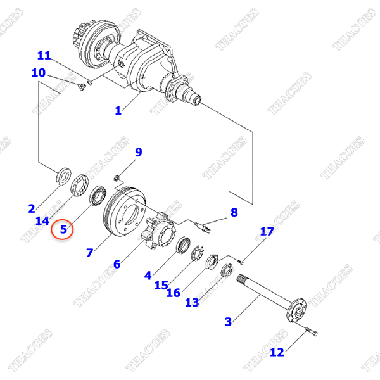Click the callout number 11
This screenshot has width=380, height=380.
click(44, 56)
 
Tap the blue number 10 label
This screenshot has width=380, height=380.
click(39, 73)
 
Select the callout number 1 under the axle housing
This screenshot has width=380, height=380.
click(118, 110)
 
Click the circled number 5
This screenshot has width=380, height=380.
click(63, 229)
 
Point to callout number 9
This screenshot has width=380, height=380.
click(138, 152)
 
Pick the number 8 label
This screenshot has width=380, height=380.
click(234, 212)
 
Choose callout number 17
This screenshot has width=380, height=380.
click(267, 231)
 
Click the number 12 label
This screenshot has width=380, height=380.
click(277, 352)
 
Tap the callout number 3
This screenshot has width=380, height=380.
click(228, 322)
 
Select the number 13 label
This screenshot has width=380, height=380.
click(192, 303)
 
